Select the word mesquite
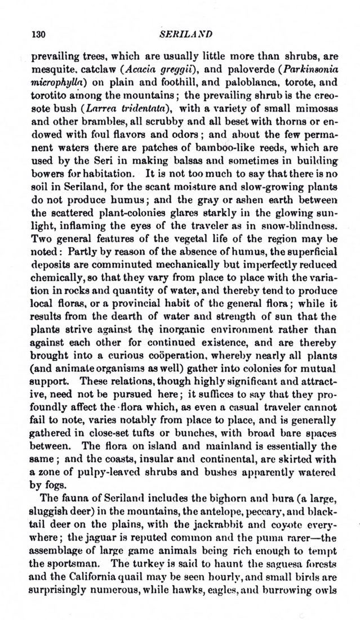51,72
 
